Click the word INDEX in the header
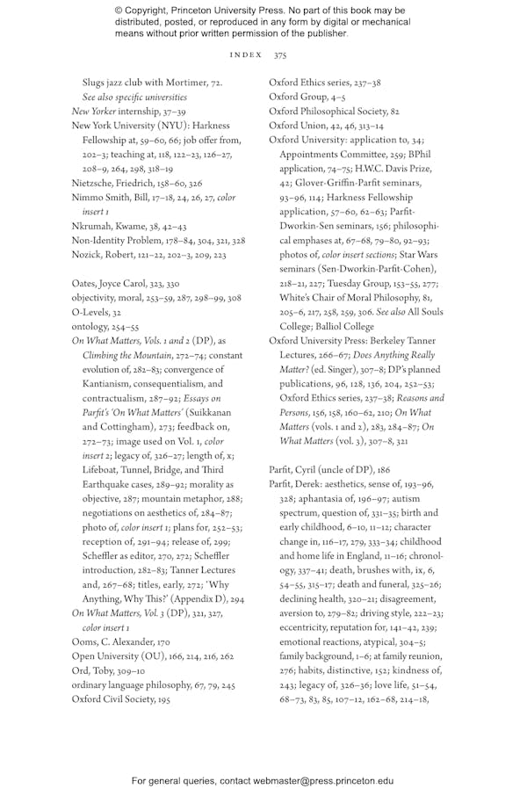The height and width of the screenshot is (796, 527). [x=246, y=54]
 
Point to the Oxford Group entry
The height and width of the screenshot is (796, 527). [x=295, y=97]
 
